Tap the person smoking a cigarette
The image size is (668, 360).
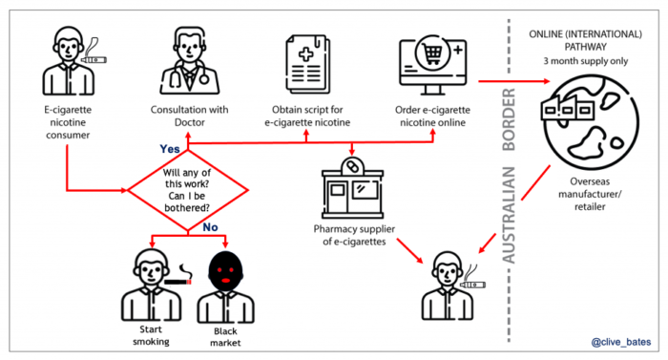point(153,281)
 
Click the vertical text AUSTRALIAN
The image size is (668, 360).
point(509,204)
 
